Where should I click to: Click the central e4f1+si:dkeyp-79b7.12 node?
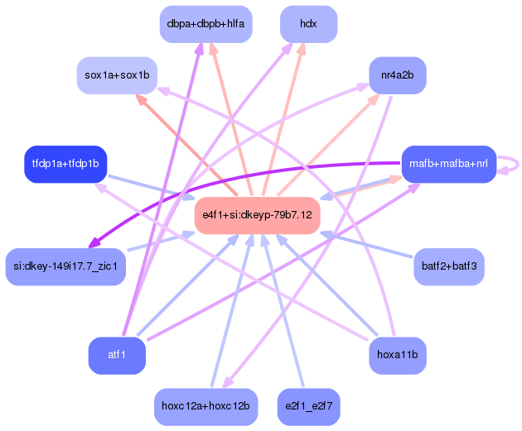tap(258, 215)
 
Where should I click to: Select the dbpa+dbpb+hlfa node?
tap(205, 24)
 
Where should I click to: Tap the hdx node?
tap(308, 24)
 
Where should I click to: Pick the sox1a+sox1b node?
tap(117, 75)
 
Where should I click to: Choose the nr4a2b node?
tap(398, 75)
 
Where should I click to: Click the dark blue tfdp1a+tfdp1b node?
tap(65, 164)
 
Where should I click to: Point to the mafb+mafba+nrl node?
tap(449, 164)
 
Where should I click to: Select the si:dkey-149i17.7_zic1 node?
tap(65, 266)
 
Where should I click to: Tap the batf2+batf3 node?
tap(449, 266)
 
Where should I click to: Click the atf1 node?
tap(117, 356)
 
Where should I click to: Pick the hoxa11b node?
tap(398, 356)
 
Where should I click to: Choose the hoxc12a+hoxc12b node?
tap(205, 407)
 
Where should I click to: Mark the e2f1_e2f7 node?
tap(308, 407)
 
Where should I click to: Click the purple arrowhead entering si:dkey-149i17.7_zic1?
tap(94, 242)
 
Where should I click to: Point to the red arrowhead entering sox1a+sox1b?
tap(141, 99)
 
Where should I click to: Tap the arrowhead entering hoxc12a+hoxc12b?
tap(228, 382)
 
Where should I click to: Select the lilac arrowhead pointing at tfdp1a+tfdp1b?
tap(100, 187)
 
